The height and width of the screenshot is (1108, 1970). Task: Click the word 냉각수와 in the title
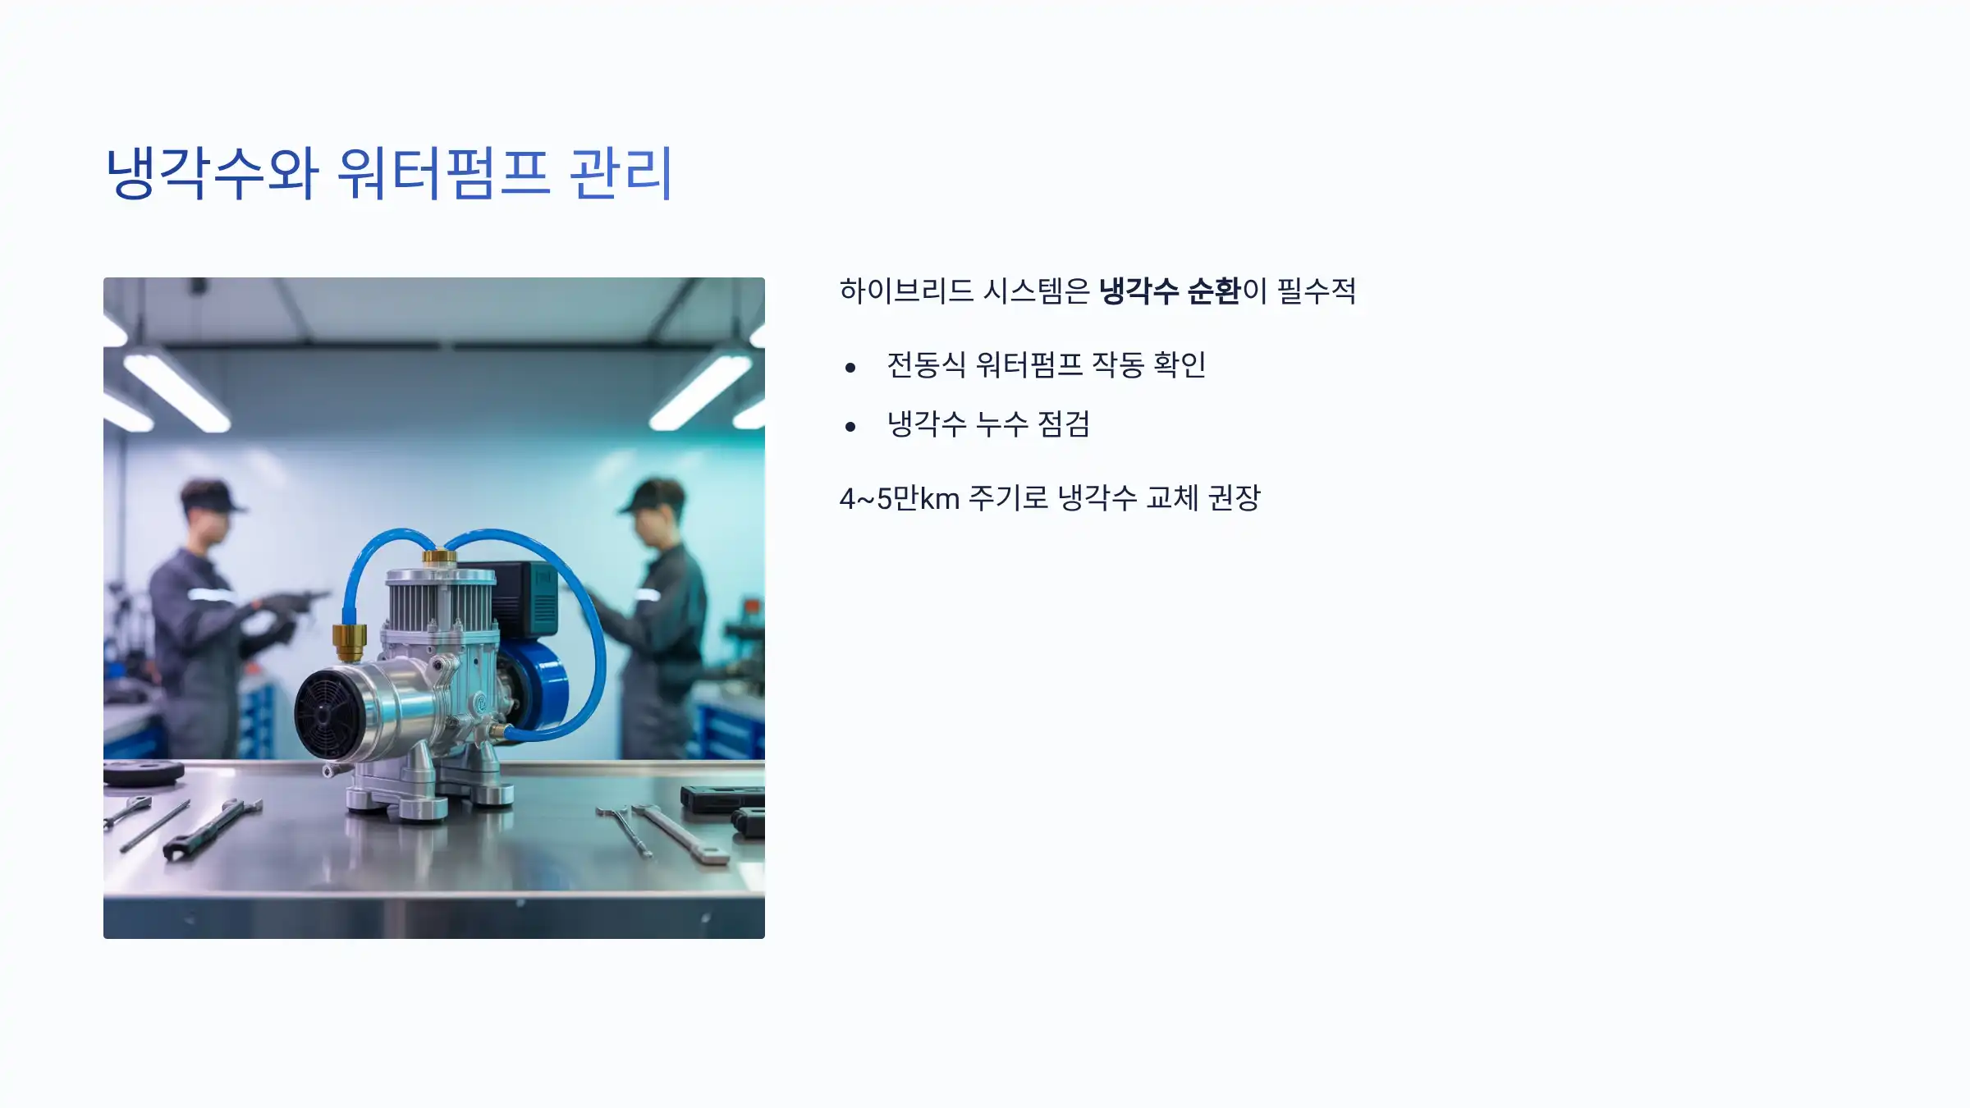point(212,173)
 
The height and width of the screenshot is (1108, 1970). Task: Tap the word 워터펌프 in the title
point(442,173)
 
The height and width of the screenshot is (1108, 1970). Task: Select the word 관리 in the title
point(621,173)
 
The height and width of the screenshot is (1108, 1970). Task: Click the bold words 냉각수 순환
point(1169,291)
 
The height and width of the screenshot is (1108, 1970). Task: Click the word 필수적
point(1317,291)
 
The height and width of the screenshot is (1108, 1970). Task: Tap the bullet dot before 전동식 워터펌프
point(850,367)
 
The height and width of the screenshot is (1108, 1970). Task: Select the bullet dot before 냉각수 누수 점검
point(850,426)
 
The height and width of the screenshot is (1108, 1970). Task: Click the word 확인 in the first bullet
point(1179,364)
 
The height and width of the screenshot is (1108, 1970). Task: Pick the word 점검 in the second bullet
point(1064,424)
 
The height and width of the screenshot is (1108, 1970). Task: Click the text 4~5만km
point(899,498)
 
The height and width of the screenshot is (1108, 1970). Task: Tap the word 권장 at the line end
point(1234,497)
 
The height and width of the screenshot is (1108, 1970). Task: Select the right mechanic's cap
point(653,495)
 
